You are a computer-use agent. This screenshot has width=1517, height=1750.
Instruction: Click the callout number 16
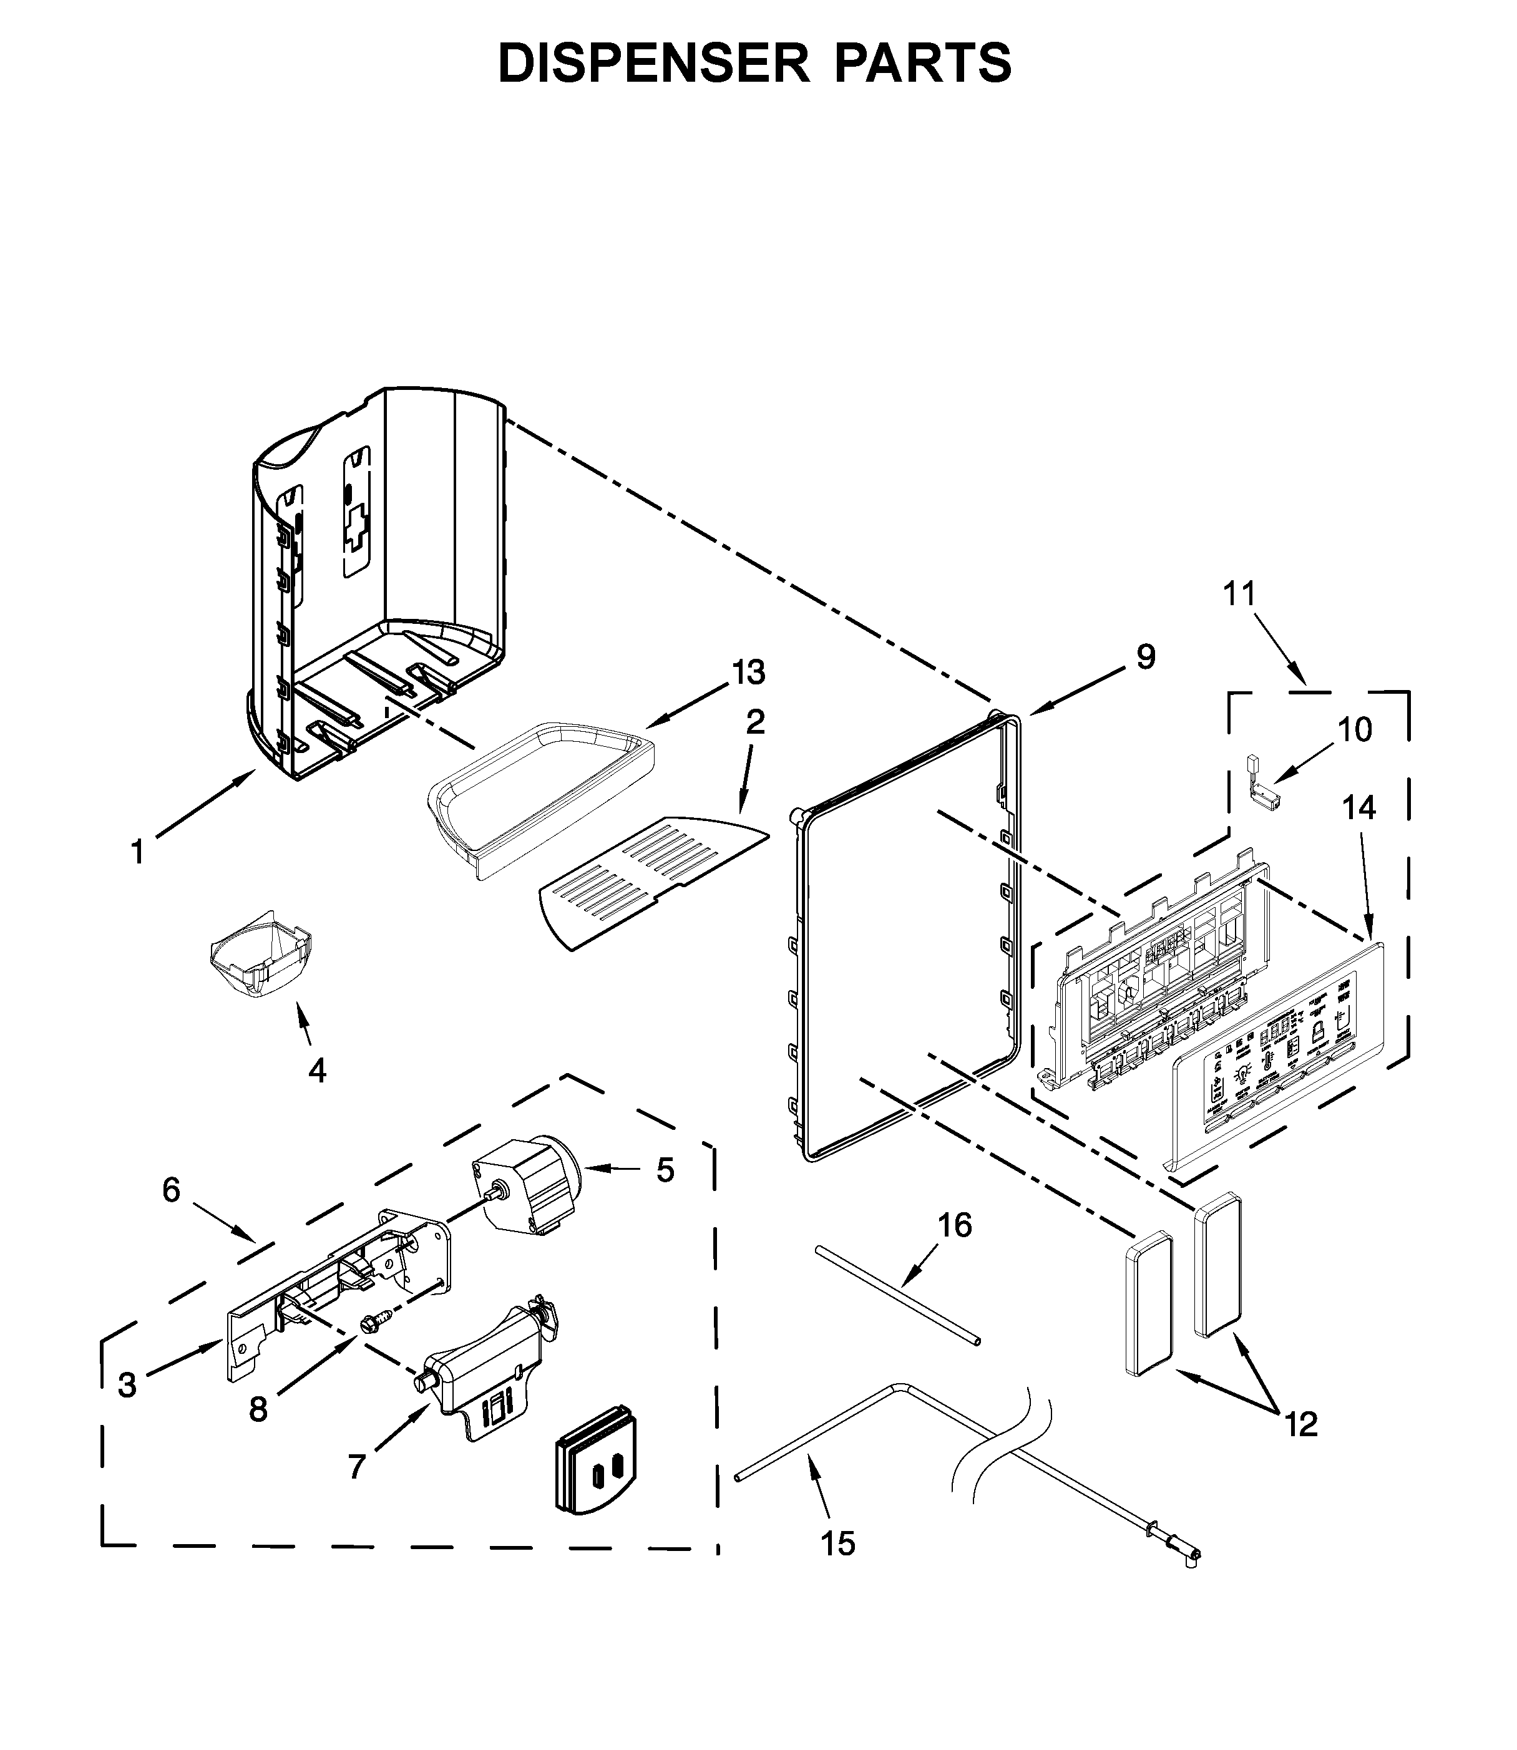[x=955, y=1225]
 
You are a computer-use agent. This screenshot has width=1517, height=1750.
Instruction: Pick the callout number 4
[x=316, y=1071]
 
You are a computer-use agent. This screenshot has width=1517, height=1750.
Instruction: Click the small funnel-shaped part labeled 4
[x=260, y=956]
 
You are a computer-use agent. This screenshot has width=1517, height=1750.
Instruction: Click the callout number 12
[x=1301, y=1424]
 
